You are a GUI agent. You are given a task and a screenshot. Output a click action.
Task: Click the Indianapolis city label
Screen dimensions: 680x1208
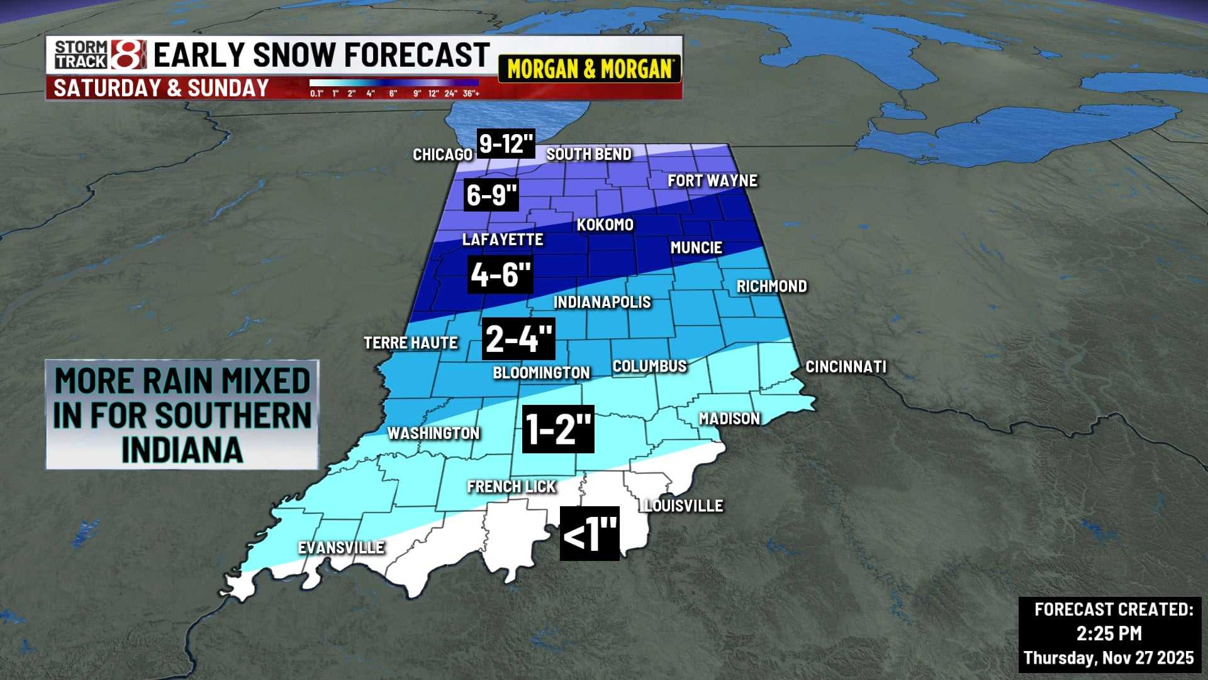tap(601, 302)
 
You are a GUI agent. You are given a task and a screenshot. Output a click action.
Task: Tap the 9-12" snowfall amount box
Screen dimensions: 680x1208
tap(506, 144)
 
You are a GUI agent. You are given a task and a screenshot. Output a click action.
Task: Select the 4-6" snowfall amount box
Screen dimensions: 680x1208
tap(500, 275)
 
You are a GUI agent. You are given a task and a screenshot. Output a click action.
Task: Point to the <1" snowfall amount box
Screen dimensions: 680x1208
tap(590, 534)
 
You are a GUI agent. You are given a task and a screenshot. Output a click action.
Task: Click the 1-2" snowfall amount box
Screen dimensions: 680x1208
tap(558, 429)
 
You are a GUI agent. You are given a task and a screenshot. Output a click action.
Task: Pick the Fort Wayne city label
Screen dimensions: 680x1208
tap(712, 181)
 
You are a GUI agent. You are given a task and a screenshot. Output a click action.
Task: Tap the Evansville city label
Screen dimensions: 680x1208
tap(341, 548)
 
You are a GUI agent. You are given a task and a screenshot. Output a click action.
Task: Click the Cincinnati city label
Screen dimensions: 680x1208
tap(846, 366)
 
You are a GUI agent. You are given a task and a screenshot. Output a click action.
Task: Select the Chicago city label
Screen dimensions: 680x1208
tap(442, 154)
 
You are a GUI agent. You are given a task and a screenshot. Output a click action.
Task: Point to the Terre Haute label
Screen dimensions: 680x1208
tap(411, 343)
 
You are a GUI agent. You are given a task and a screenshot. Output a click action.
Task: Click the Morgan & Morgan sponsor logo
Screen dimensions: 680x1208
tap(590, 69)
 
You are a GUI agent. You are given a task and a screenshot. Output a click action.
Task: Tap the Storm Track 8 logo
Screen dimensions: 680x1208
tap(100, 55)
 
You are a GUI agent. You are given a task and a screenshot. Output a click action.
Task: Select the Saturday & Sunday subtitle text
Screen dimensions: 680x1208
tap(161, 88)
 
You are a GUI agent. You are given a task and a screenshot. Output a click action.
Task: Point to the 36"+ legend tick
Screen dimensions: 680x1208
tap(471, 94)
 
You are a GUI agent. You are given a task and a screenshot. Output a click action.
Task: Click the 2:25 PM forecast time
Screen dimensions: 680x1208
tap(1109, 633)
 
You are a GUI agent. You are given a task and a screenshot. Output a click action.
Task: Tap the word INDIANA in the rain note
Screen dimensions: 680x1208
tap(182, 450)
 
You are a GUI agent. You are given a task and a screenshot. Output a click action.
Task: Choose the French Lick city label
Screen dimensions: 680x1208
tap(512, 487)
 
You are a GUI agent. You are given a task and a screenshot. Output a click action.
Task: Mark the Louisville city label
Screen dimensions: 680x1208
tap(684, 506)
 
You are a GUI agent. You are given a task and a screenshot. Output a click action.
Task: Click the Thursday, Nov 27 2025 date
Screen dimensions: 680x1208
tap(1109, 658)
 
